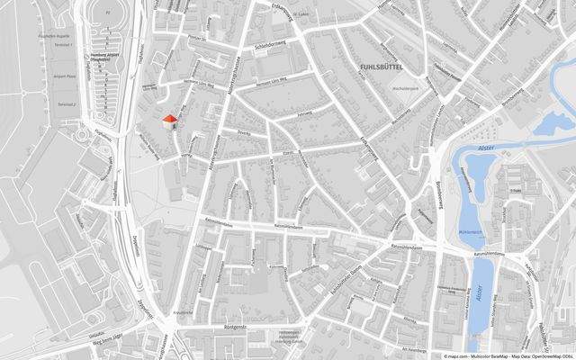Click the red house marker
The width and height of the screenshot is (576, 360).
pyautogui.click(x=168, y=121)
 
